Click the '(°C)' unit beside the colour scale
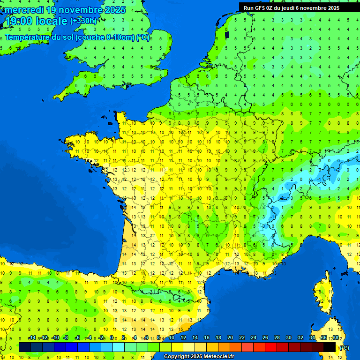[344, 348]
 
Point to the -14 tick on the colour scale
[32, 337]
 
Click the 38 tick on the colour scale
[335, 337]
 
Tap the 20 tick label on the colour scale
[230, 337]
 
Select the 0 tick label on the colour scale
[112, 337]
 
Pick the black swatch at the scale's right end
[330, 347]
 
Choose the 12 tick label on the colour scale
[183, 337]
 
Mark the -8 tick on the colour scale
[66, 337]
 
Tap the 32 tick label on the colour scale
[300, 337]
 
